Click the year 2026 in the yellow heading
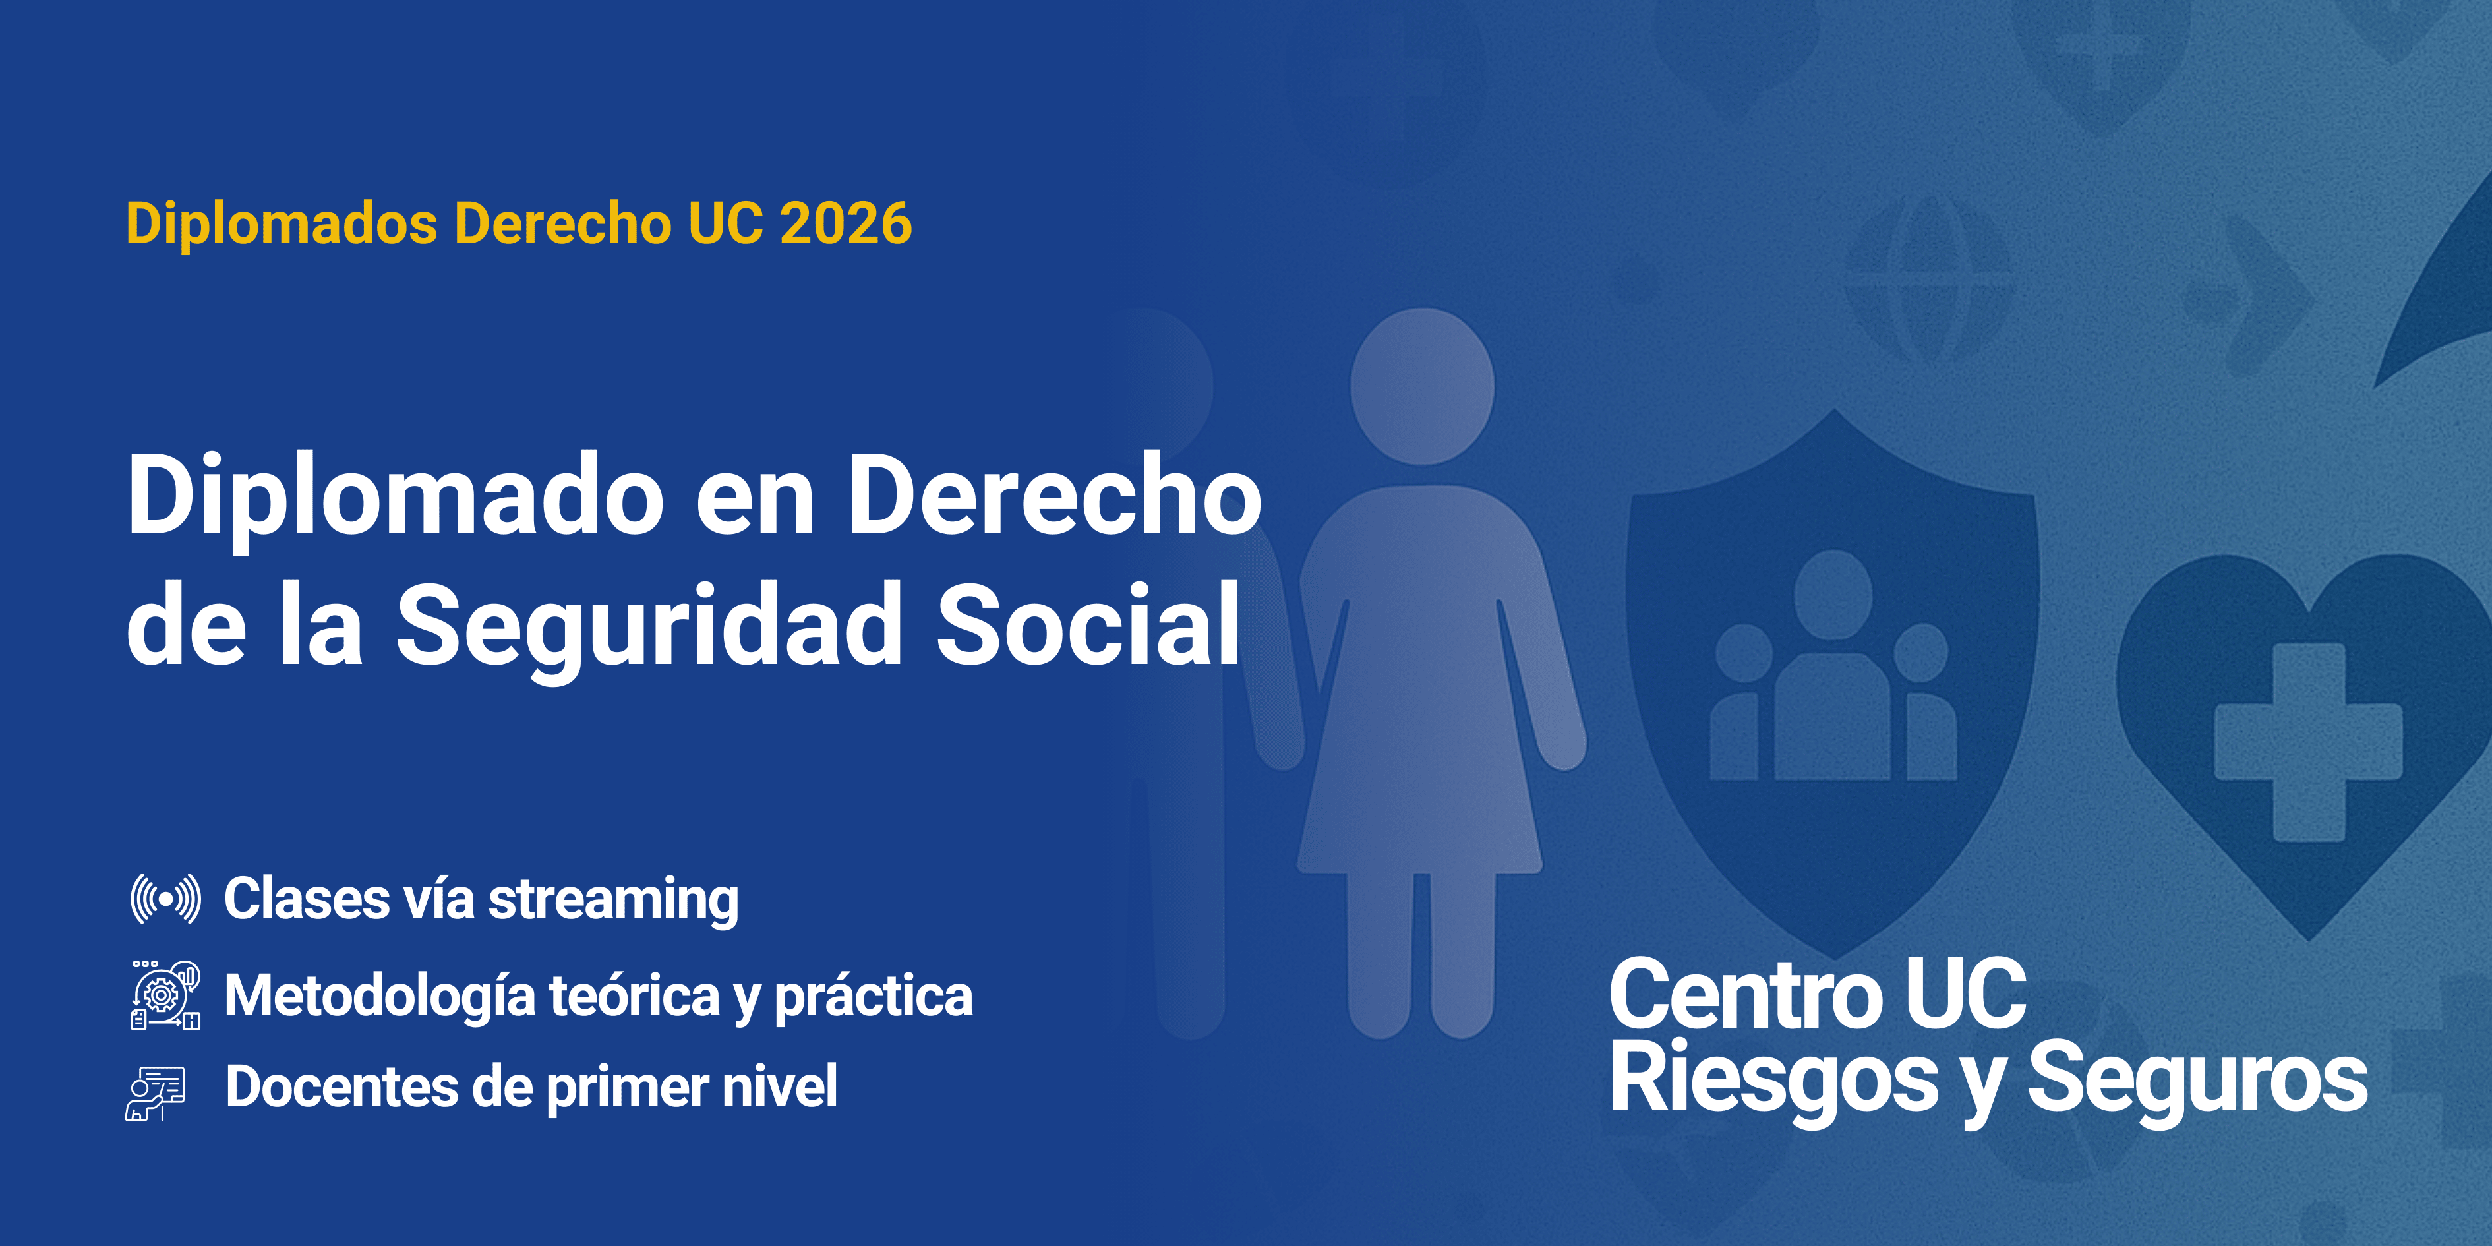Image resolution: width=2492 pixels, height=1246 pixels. (x=845, y=224)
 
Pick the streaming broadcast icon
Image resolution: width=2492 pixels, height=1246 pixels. (x=166, y=899)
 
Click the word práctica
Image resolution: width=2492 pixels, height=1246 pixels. (x=874, y=996)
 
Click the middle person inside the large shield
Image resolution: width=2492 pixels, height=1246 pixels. (x=1832, y=667)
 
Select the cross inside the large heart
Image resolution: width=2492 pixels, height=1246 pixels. (x=2308, y=742)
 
